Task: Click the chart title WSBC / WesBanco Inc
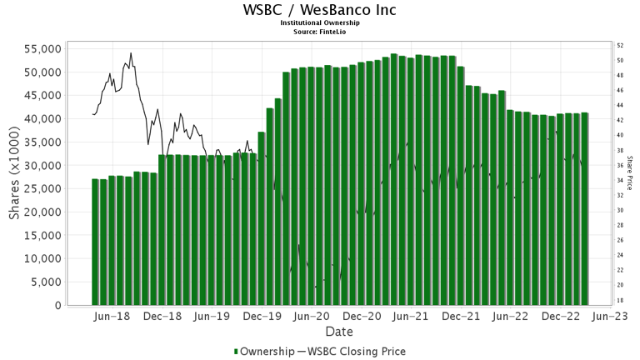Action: (x=319, y=10)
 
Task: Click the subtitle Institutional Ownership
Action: (x=319, y=22)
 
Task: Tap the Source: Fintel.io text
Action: (x=319, y=31)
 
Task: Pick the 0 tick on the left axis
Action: (x=57, y=306)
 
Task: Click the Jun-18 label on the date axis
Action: (x=111, y=317)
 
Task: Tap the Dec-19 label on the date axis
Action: (x=263, y=317)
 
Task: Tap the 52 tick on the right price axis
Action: (x=620, y=46)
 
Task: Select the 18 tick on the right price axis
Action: (x=620, y=300)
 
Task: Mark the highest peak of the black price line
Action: (x=131, y=53)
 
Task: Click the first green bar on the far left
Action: (x=95, y=242)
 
